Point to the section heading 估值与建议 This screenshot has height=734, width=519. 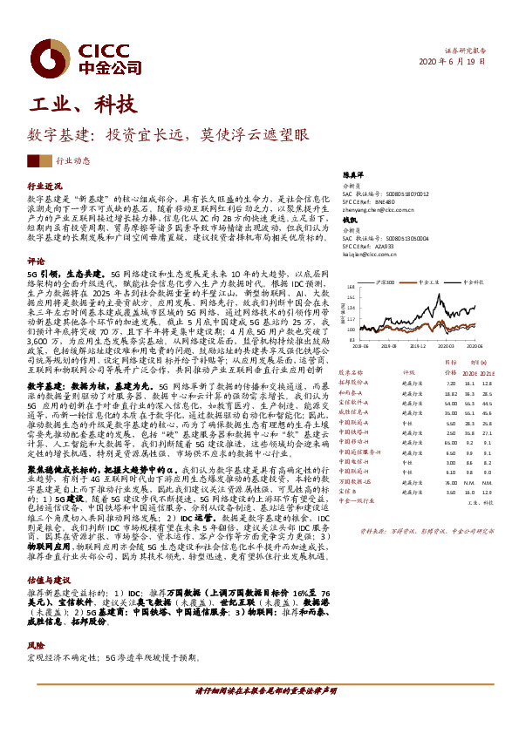(49, 578)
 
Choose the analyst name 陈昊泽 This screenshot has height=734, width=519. (351, 176)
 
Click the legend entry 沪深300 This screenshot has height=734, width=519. (385, 282)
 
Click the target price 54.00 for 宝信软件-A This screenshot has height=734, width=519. (451, 404)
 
